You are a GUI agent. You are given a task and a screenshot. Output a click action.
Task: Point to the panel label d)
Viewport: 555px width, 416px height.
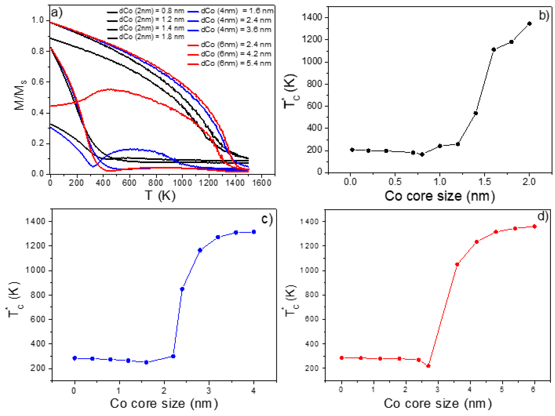pyautogui.click(x=543, y=216)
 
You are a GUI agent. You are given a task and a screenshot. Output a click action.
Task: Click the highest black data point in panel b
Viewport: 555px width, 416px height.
pyautogui.click(x=529, y=24)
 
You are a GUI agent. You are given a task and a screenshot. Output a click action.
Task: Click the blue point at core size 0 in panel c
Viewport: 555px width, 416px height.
pyautogui.click(x=74, y=358)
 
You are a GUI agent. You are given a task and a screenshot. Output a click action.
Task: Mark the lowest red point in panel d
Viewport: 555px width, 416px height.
pyautogui.click(x=428, y=366)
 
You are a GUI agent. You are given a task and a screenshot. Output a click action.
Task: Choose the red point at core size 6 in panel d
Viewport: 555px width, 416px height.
pyautogui.click(x=534, y=227)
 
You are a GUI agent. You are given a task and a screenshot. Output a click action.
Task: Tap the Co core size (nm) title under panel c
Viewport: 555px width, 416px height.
pyautogui.click(x=164, y=403)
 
